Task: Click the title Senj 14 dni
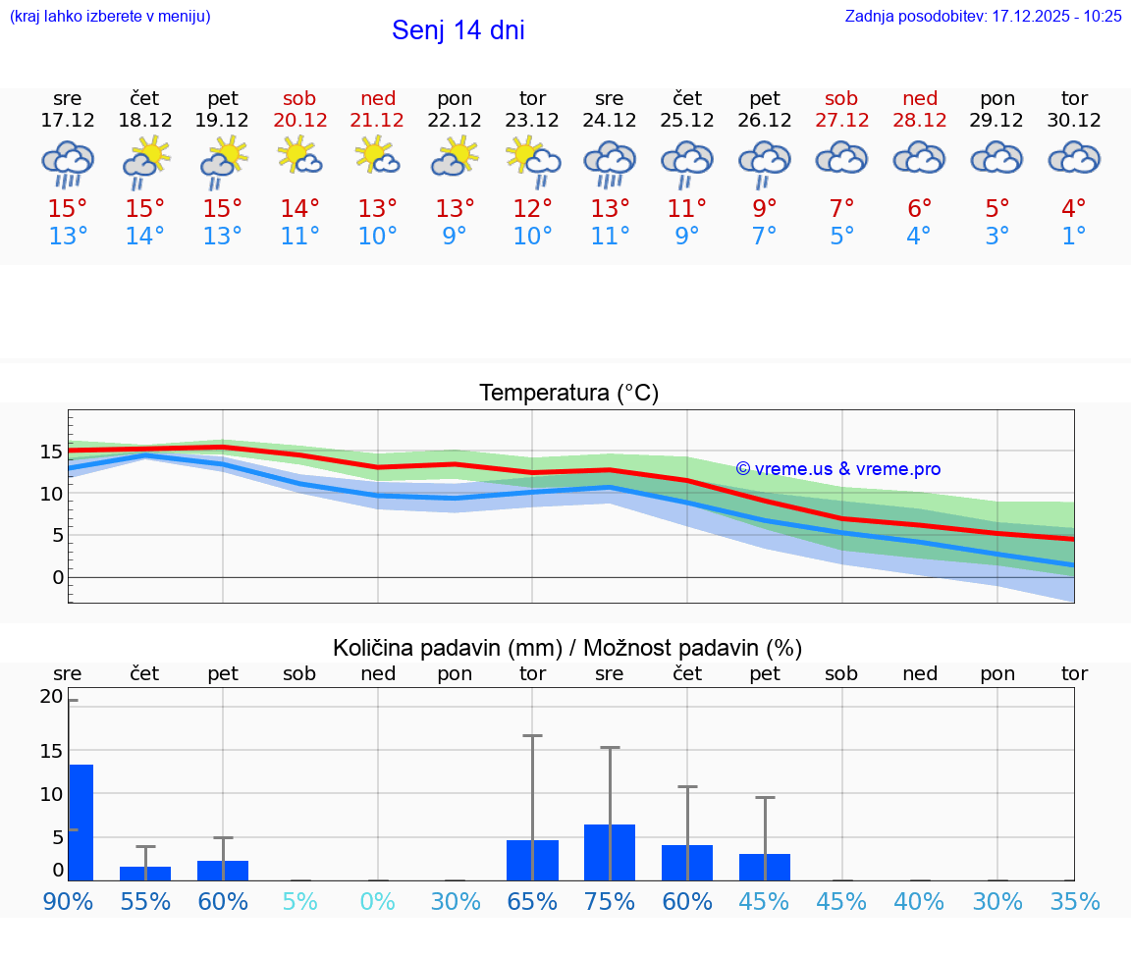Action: point(458,30)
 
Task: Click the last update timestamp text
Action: point(983,17)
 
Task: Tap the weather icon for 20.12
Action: point(299,157)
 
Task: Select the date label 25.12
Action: point(686,121)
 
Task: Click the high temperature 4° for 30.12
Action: point(1074,208)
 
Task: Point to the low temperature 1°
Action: point(1074,237)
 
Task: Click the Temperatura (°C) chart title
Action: point(568,394)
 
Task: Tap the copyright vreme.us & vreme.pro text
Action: point(837,469)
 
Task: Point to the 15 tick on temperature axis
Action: point(51,452)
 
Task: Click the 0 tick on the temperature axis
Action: point(57,577)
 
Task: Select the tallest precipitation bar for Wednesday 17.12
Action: point(81,823)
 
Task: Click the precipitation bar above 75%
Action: point(609,852)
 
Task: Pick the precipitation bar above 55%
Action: point(145,874)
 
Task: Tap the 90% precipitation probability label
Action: point(68,901)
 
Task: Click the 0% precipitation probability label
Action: point(377,901)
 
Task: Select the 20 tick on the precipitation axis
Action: point(51,697)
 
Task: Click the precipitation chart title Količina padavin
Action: point(567,648)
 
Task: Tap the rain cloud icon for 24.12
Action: point(609,163)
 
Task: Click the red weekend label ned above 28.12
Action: point(919,98)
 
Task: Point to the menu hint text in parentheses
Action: point(109,17)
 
